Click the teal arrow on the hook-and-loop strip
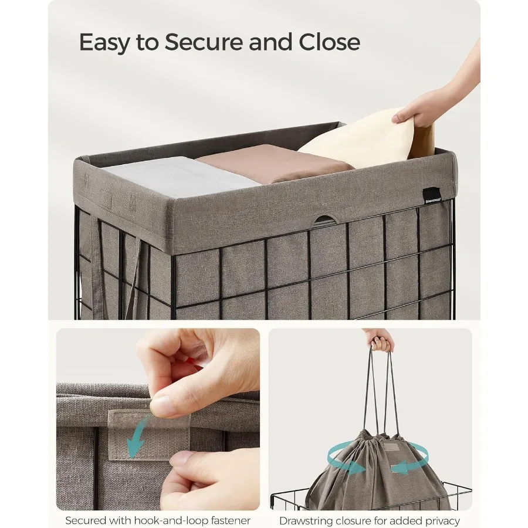(x=136, y=442)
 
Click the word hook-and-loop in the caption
(x=170, y=520)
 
